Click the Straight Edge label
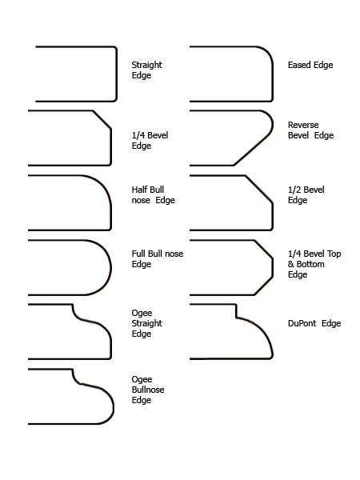(x=147, y=70)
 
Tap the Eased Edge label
(x=310, y=65)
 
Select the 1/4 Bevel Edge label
(x=150, y=140)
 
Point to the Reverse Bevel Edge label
(x=310, y=130)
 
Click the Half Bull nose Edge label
(x=154, y=194)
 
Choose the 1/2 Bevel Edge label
(x=306, y=194)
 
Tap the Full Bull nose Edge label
(x=158, y=258)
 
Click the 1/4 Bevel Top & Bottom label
(x=314, y=264)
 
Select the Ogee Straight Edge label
(x=147, y=323)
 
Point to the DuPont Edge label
(x=314, y=323)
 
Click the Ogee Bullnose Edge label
(x=148, y=390)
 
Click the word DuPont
(x=302, y=323)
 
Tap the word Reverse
(x=303, y=125)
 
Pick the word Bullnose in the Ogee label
(x=148, y=390)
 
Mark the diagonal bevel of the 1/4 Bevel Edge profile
(x=102, y=120)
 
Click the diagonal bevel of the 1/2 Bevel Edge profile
(x=258, y=189)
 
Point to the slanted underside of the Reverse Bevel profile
(x=252, y=151)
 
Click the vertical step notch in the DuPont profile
(x=236, y=311)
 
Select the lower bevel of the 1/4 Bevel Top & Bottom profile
(x=263, y=286)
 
